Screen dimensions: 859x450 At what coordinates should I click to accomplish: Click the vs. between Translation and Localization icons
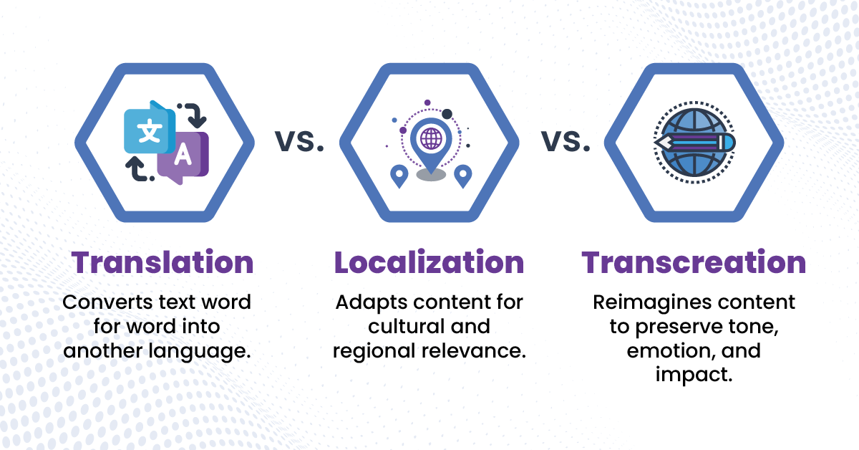pos(299,141)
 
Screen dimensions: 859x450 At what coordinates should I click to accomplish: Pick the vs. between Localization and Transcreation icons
pos(566,141)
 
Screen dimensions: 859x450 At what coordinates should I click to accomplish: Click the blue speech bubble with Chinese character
pos(150,129)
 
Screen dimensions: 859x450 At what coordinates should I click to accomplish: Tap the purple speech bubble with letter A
pos(184,158)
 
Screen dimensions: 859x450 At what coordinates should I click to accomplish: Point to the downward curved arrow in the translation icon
pos(195,114)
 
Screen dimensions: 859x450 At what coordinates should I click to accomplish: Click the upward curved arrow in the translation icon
pos(138,170)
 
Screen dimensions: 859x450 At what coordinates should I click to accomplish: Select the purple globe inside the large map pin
pos(431,138)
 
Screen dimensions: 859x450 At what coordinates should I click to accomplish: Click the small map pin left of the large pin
pos(399,176)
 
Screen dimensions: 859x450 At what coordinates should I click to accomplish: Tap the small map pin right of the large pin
pos(463,176)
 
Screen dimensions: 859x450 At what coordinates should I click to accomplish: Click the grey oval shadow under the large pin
pos(431,175)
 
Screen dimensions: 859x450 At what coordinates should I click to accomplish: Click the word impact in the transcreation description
pos(694,375)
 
